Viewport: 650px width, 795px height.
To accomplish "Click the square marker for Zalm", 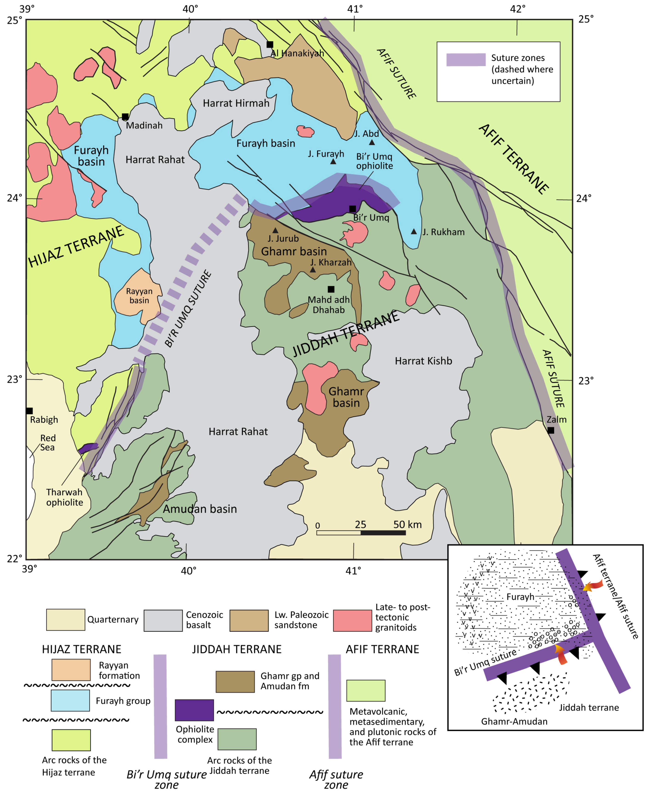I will click(x=551, y=430).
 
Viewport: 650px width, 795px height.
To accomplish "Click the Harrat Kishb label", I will click(x=423, y=361).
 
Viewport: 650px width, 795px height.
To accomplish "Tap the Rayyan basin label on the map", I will click(x=139, y=296).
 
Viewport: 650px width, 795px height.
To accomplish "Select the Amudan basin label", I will click(x=200, y=509).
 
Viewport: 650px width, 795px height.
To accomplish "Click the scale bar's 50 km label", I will click(x=407, y=525).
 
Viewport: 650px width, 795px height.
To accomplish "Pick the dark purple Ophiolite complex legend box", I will click(x=194, y=710).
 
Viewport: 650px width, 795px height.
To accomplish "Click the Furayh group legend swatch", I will click(x=70, y=701).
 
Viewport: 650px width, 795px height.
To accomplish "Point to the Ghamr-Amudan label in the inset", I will click(x=514, y=721).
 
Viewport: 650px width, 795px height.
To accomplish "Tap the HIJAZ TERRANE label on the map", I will click(x=76, y=247).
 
